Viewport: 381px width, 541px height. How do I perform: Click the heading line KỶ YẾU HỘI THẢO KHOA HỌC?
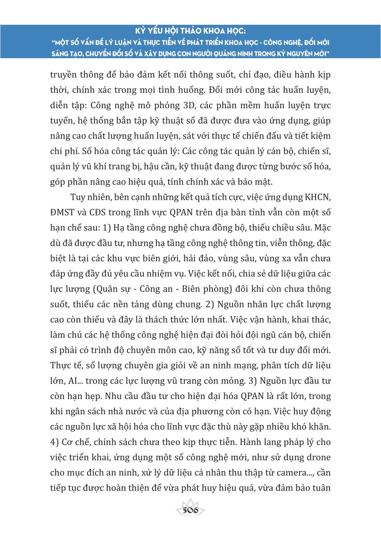coord(190,32)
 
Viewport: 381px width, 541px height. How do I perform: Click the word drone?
coord(317,458)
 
